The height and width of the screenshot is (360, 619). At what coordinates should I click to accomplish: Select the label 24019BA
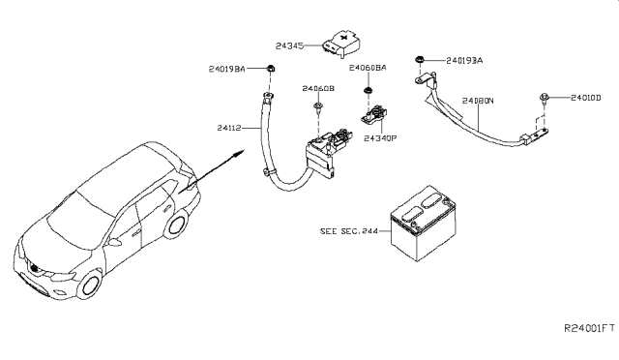(x=227, y=69)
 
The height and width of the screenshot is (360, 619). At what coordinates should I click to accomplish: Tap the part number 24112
(x=229, y=128)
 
